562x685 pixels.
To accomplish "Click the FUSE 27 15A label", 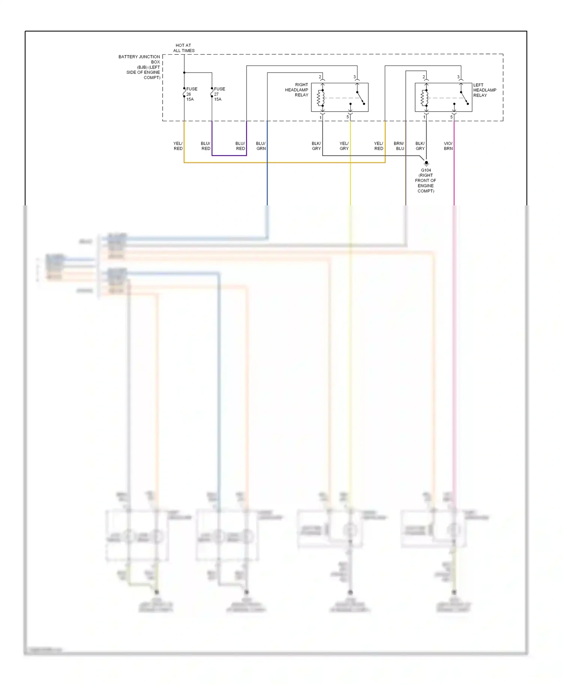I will (x=219, y=94).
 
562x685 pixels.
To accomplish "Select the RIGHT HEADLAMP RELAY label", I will (x=297, y=90).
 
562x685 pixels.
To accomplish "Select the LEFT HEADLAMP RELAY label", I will (x=484, y=90).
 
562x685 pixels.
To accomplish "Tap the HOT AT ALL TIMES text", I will (x=184, y=48).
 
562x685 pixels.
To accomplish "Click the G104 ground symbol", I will (x=426, y=163).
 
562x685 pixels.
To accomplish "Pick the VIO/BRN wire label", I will (x=448, y=146).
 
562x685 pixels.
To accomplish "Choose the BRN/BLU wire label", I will (x=399, y=146).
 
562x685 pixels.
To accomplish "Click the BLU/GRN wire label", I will (x=261, y=146).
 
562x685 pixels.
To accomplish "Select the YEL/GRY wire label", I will (x=344, y=146).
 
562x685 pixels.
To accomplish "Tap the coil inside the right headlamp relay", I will (x=320, y=98).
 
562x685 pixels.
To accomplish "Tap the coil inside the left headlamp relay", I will (x=424, y=98).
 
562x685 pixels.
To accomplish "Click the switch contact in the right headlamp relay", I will (x=360, y=98).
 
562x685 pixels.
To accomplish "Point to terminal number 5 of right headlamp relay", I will (x=348, y=117).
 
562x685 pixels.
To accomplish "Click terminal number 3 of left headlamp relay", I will (x=458, y=77).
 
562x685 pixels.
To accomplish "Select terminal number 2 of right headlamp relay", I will (x=320, y=77).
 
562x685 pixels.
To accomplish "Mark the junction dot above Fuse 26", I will (x=184, y=73).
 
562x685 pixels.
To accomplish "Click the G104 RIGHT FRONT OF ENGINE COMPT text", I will (x=426, y=181).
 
